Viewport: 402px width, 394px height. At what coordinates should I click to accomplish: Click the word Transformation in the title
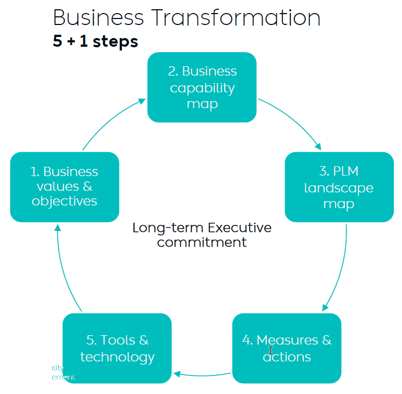point(236,17)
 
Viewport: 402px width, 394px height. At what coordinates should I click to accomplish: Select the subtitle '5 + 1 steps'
point(95,41)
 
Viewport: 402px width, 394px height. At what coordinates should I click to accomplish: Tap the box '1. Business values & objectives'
point(64,186)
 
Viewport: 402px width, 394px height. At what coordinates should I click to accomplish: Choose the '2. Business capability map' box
point(202,87)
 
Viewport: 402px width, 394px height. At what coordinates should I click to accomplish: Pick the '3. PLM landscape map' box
point(339,187)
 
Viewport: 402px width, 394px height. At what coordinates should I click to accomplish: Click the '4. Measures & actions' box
point(287,348)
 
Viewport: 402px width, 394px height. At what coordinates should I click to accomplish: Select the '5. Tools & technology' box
point(117,348)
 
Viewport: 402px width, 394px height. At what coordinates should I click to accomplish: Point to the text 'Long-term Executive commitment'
point(202,235)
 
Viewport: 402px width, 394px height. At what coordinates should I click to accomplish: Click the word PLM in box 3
point(346,171)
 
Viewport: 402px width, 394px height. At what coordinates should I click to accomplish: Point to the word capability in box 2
point(202,87)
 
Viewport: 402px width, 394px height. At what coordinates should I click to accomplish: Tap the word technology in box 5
point(117,357)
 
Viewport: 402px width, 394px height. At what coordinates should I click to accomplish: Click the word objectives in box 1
point(64,201)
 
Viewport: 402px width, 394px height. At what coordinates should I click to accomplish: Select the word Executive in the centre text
point(239,227)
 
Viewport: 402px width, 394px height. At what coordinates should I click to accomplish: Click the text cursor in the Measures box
point(270,351)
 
